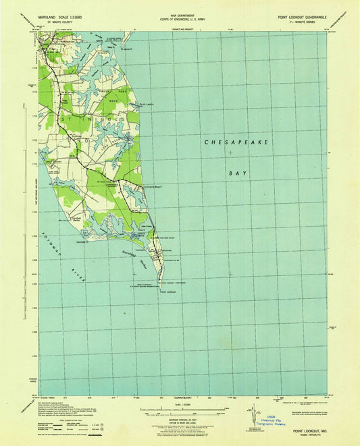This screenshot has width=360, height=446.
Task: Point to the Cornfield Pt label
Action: coord(103,239)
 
